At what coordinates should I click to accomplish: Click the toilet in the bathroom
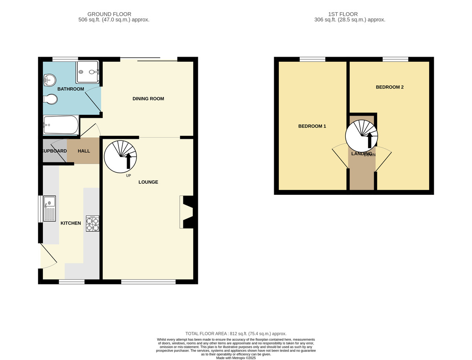[x=50, y=100]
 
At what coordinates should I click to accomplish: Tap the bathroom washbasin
[x=50, y=80]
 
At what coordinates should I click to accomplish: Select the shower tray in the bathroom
[x=87, y=72]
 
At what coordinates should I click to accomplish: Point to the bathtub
[x=61, y=125]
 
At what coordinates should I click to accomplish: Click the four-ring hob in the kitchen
[x=93, y=223]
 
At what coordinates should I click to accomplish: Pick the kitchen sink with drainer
[x=50, y=209]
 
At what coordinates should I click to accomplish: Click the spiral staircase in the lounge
[x=120, y=157]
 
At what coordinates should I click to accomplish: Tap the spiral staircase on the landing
[x=361, y=136]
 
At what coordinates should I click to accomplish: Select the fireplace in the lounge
[x=186, y=212]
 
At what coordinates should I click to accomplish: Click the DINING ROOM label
[x=148, y=99]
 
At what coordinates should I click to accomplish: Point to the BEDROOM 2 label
[x=390, y=87]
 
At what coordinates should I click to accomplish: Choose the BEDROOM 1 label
[x=312, y=126]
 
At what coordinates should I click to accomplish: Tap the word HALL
[x=84, y=151]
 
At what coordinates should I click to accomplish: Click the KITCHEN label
[x=71, y=223]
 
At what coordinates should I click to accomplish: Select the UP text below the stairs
[x=128, y=175]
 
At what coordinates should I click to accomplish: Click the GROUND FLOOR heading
[x=109, y=14]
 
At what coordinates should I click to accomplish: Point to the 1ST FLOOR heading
[x=343, y=14]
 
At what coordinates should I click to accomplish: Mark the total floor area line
[x=236, y=334]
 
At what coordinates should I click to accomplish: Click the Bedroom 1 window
[x=312, y=59]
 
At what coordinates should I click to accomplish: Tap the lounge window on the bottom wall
[x=148, y=282]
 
